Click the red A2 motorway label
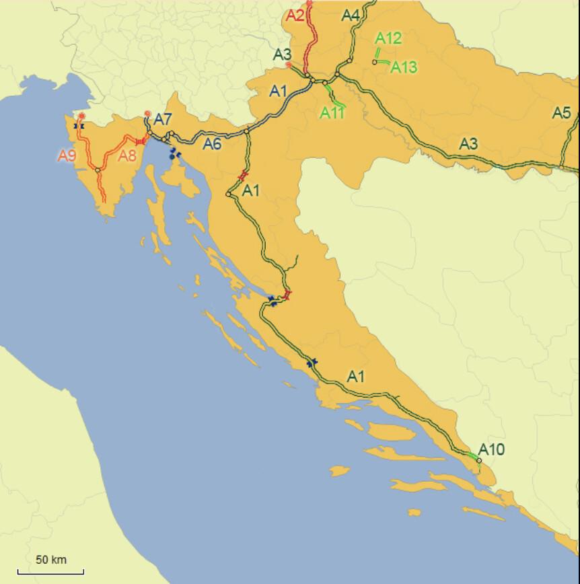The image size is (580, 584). coord(295,15)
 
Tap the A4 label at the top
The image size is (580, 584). coord(351,15)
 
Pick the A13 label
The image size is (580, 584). coord(404,67)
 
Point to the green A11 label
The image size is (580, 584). coord(332,112)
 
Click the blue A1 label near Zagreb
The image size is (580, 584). coord(279,90)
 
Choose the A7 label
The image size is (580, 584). coord(163,119)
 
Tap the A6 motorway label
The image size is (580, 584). coord(213,143)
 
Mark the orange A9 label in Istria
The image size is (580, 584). coord(67,155)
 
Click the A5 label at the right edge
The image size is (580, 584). coord(561,112)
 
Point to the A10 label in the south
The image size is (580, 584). coord(491,449)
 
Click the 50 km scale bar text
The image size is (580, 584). coord(51,559)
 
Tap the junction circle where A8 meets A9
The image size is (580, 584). coord(98,170)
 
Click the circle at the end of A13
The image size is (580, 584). coord(375,62)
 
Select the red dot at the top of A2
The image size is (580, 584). coord(310,3)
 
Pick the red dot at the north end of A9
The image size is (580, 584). coord(82,116)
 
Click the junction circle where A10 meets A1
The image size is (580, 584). coord(479,461)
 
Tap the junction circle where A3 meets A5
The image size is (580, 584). coord(561,167)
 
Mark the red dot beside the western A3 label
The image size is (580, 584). coord(289,66)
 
